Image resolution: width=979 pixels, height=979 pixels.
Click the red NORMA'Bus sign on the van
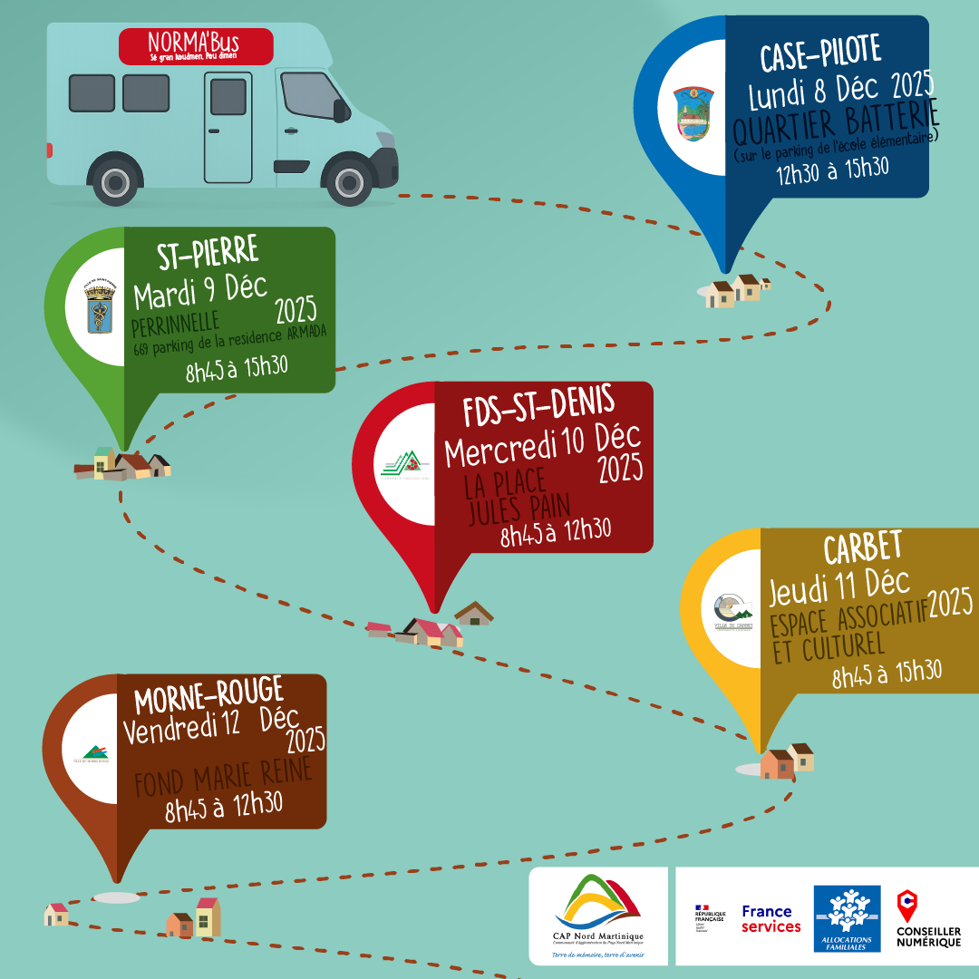(196, 45)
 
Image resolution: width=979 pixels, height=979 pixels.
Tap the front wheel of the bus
(350, 179)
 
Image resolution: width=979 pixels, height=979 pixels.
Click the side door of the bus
(228, 126)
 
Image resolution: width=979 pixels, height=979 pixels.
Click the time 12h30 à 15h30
(832, 170)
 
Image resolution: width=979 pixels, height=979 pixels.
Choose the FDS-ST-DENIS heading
(538, 408)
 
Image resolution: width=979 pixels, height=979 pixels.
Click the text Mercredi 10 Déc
(542, 444)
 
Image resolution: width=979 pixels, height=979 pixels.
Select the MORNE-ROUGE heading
(208, 696)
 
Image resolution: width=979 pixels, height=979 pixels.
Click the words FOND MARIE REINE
(223, 778)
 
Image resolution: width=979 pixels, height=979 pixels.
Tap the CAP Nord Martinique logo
(597, 916)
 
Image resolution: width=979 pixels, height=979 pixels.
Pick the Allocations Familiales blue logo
(847, 917)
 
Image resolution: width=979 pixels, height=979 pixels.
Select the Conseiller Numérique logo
(928, 918)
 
